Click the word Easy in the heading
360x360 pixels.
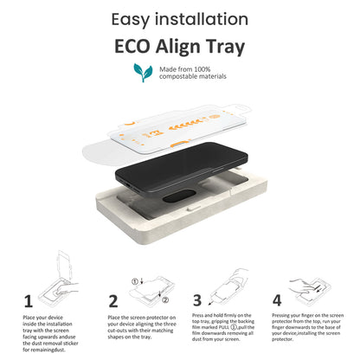click(x=131, y=20)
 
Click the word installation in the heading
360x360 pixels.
click(x=202, y=19)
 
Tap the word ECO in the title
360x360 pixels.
click(x=132, y=47)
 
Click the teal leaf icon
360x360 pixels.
click(x=143, y=72)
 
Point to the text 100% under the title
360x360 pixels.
click(x=202, y=69)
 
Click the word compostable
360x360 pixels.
click(x=177, y=76)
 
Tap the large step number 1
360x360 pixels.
click(x=28, y=301)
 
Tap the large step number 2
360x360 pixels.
click(x=113, y=301)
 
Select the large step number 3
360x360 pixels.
click(x=197, y=300)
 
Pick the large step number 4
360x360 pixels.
click(x=277, y=300)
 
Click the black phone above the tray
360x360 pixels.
click(x=182, y=169)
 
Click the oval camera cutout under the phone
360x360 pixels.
click(x=179, y=196)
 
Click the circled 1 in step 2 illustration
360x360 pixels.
click(x=135, y=281)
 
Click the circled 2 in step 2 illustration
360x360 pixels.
click(x=165, y=300)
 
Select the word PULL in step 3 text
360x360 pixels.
click(x=223, y=327)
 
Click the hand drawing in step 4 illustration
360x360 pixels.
click(x=300, y=286)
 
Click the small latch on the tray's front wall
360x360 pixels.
click(x=194, y=208)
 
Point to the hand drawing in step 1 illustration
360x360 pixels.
click(x=67, y=288)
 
